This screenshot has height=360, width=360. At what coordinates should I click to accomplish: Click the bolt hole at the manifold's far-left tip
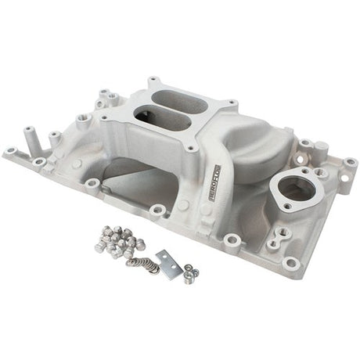click(11, 150)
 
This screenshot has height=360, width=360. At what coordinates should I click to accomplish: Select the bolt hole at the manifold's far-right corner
click(351, 163)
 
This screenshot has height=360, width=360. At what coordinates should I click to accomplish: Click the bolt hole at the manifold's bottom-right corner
click(292, 262)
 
